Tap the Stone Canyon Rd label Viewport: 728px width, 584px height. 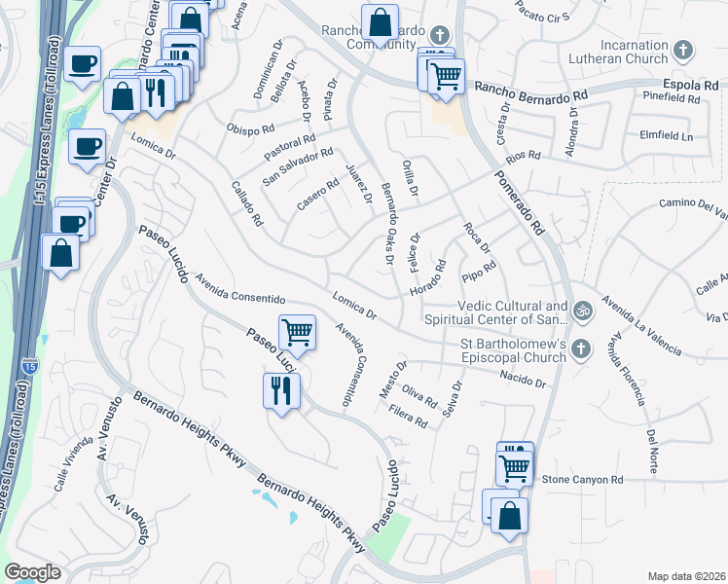[582, 480]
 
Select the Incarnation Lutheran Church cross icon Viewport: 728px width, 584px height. [684, 50]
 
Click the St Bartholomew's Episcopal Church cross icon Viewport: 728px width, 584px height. [581, 348]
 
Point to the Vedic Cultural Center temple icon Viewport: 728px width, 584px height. [583, 311]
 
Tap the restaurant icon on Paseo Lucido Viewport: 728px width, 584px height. [281, 391]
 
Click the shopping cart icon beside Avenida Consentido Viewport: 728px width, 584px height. [297, 333]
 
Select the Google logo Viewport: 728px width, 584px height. [33, 572]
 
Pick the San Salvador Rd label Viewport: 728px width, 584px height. [299, 166]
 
